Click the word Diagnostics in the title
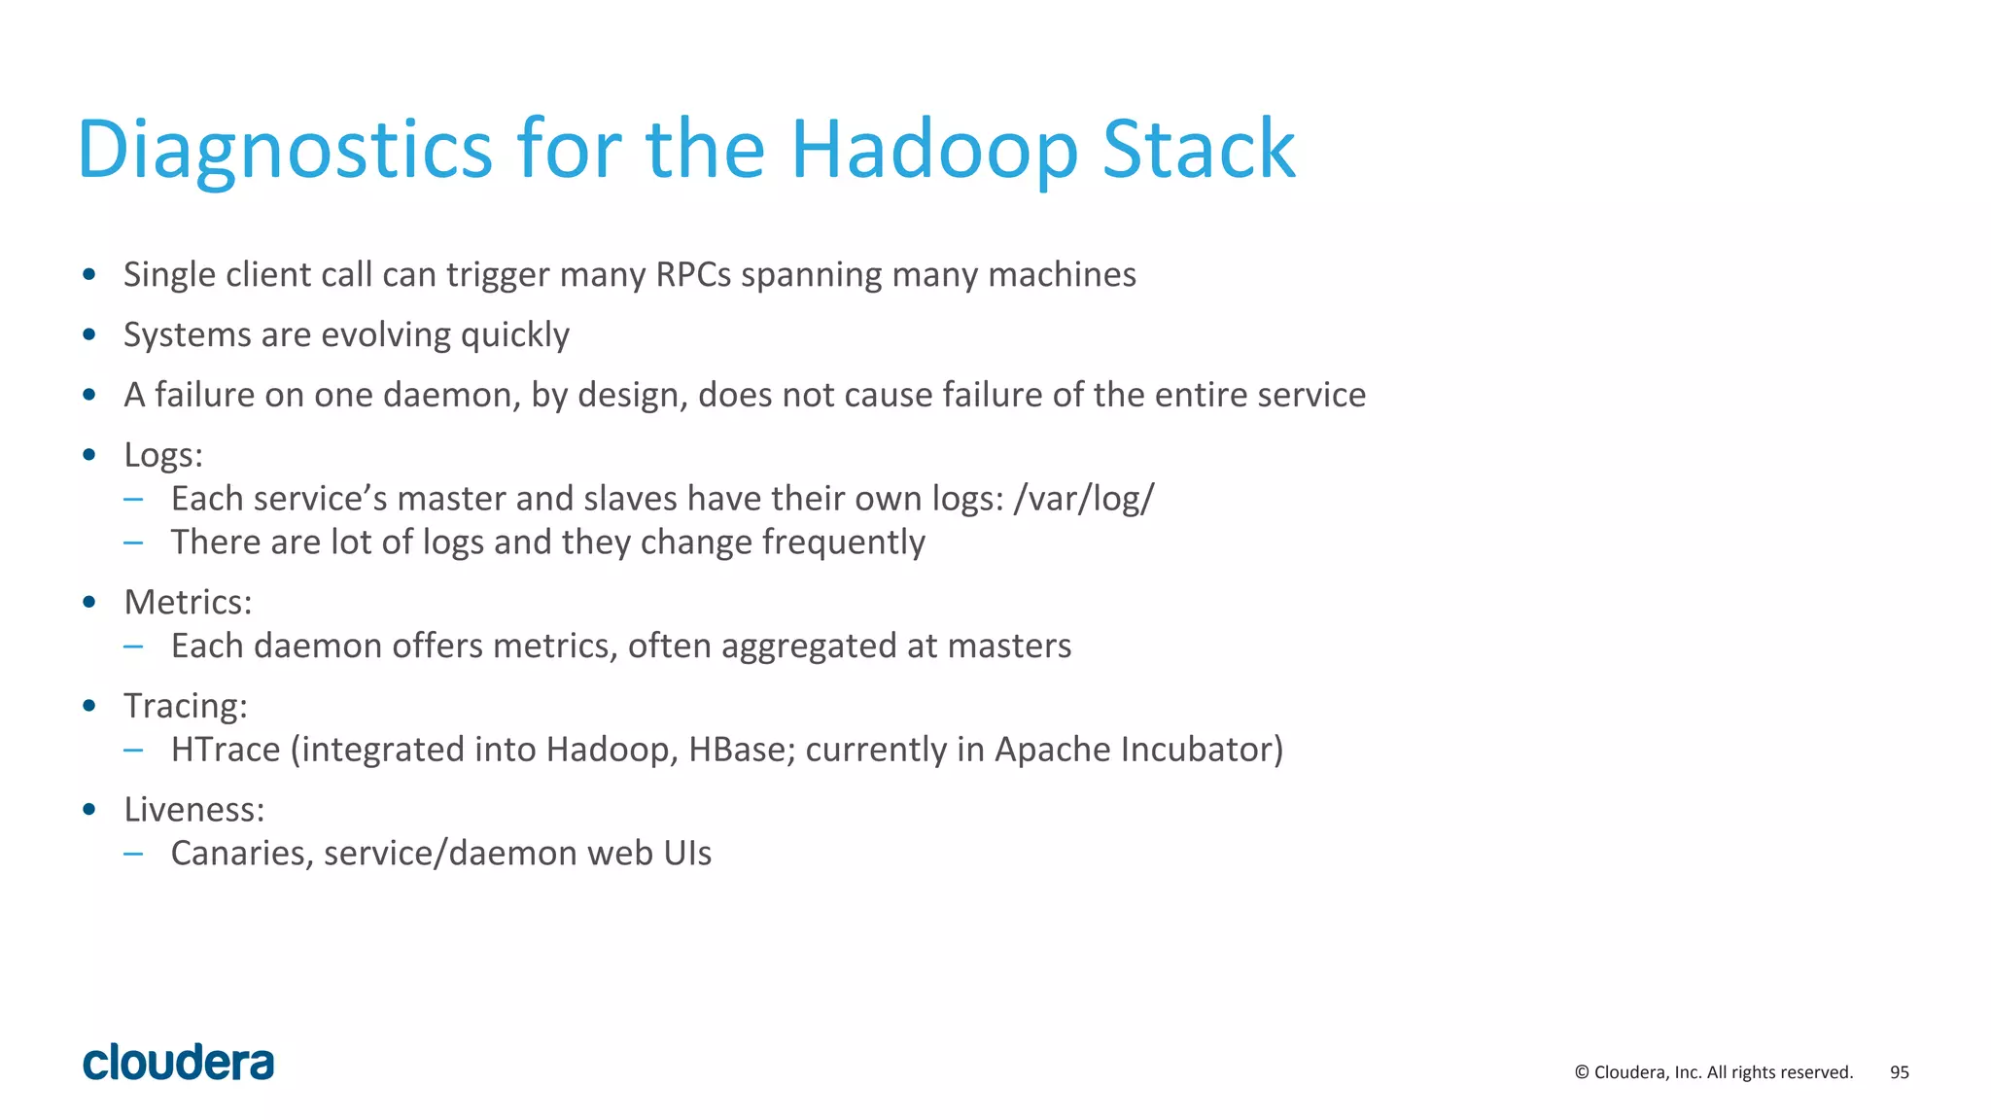(x=285, y=150)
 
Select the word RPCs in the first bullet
(x=693, y=275)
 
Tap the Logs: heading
(x=163, y=455)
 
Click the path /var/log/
(x=1083, y=499)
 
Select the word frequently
(x=843, y=542)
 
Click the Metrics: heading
(x=188, y=603)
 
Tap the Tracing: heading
(x=185, y=706)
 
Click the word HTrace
(x=226, y=750)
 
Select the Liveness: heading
(x=193, y=810)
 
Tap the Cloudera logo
(x=179, y=1063)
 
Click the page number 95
(x=1899, y=1072)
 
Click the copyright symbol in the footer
(x=1582, y=1072)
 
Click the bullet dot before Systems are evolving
(x=89, y=335)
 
